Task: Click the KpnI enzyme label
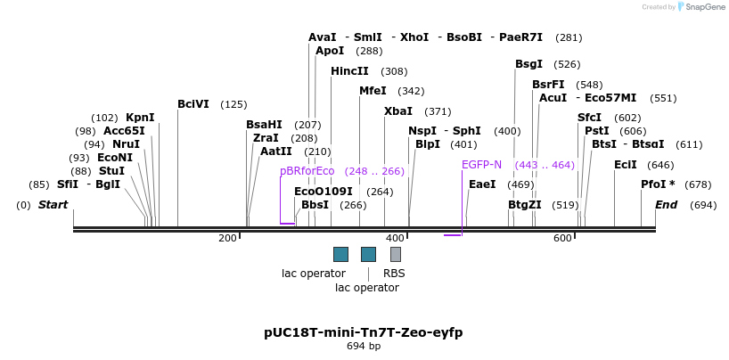(x=140, y=118)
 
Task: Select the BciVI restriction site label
(x=192, y=104)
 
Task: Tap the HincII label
(x=349, y=71)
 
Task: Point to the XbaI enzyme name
(x=398, y=111)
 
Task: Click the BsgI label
(x=528, y=64)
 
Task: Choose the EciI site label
(x=626, y=165)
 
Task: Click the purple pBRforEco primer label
(x=307, y=171)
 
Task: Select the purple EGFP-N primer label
(x=481, y=165)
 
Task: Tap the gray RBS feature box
(x=396, y=254)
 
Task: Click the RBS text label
(x=394, y=274)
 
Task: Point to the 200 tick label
(x=227, y=238)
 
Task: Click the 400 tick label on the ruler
(x=395, y=238)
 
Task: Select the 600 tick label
(x=562, y=238)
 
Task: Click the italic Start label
(x=53, y=205)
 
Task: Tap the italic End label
(x=667, y=205)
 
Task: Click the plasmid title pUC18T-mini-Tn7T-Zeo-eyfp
(x=364, y=332)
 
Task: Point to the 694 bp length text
(x=364, y=346)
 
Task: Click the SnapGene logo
(x=700, y=7)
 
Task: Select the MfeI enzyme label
(x=373, y=91)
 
